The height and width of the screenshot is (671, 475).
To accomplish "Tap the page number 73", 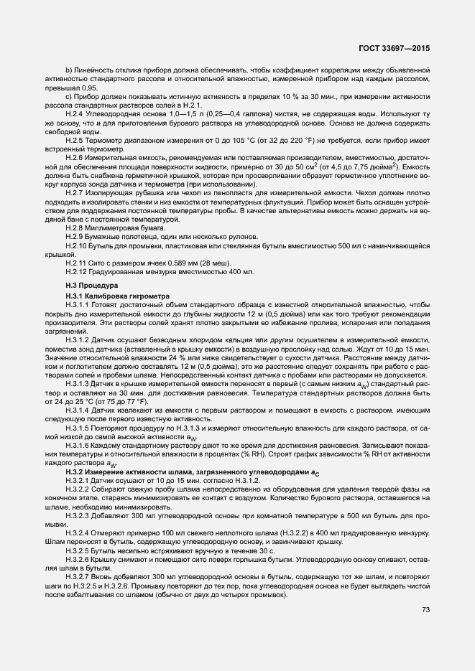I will coord(425,610).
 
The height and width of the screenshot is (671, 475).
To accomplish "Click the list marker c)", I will coord(69,97).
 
